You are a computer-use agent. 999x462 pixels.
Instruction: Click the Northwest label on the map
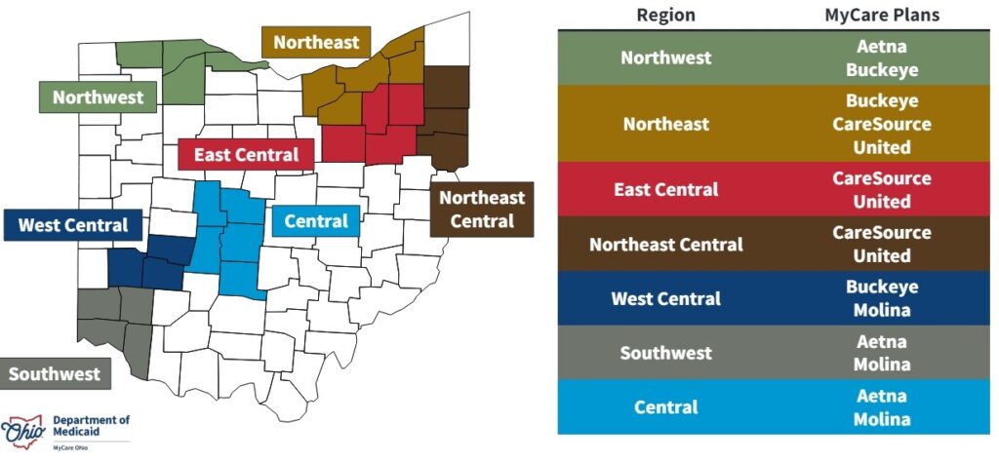coord(98,97)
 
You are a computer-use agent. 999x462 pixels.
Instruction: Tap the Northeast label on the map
coord(316,43)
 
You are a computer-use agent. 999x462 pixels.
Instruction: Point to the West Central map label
coord(73,225)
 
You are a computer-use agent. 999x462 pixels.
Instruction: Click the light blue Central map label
coord(315,221)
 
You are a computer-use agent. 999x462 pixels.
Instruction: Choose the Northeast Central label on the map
coord(482,210)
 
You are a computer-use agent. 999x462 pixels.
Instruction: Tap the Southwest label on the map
coord(56,374)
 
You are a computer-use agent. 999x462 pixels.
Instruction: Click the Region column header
coord(665,15)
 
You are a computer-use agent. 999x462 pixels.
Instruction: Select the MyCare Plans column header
coord(881,15)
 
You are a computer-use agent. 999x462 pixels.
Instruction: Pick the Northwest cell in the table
coord(666,58)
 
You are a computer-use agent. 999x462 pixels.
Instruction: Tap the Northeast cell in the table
coord(666,124)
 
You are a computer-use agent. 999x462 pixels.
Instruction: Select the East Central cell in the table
coord(666,189)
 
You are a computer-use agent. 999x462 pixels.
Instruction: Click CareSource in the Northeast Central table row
coord(882,233)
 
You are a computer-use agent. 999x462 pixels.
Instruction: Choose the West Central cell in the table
coord(666,298)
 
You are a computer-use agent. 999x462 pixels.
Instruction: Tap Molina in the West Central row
coord(882,310)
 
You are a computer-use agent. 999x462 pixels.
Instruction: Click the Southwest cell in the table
coord(666,353)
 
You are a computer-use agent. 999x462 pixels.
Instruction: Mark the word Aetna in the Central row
coord(882,396)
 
